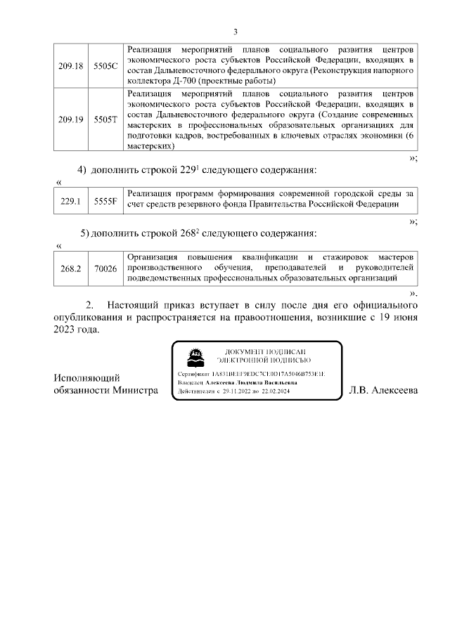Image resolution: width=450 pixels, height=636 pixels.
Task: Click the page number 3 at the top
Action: click(235, 32)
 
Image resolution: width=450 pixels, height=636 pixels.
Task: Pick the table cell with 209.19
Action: click(71, 119)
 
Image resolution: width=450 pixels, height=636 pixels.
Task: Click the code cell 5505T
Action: click(105, 119)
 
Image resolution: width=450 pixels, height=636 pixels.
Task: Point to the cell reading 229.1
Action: click(71, 200)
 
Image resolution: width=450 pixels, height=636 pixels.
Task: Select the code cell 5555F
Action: click(105, 200)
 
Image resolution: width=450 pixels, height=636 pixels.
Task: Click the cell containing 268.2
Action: click(71, 268)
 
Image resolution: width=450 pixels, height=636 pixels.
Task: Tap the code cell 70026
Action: click(105, 268)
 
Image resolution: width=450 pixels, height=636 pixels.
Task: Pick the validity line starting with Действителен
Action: click(238, 391)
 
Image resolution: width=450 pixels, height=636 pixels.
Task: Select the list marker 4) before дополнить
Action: click(82, 170)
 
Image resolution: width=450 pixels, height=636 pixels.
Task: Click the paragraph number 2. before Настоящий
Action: click(89, 306)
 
